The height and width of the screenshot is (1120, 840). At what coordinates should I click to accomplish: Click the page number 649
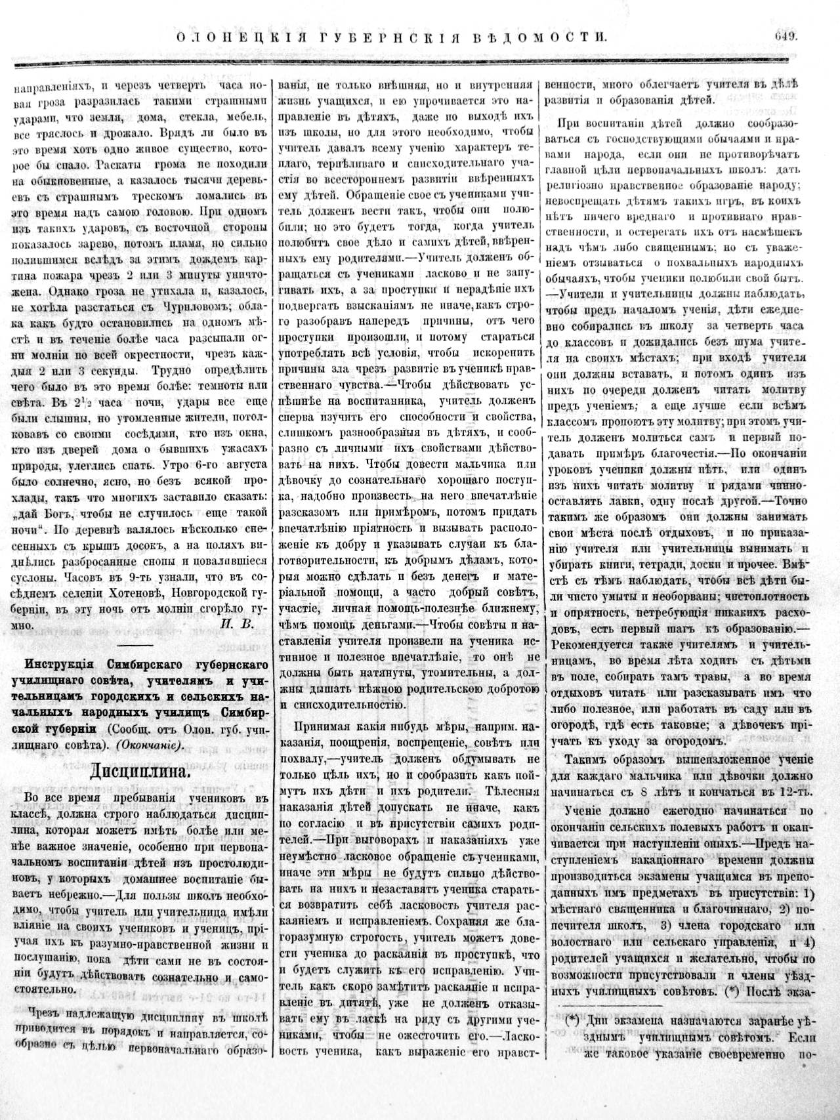[x=786, y=36]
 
